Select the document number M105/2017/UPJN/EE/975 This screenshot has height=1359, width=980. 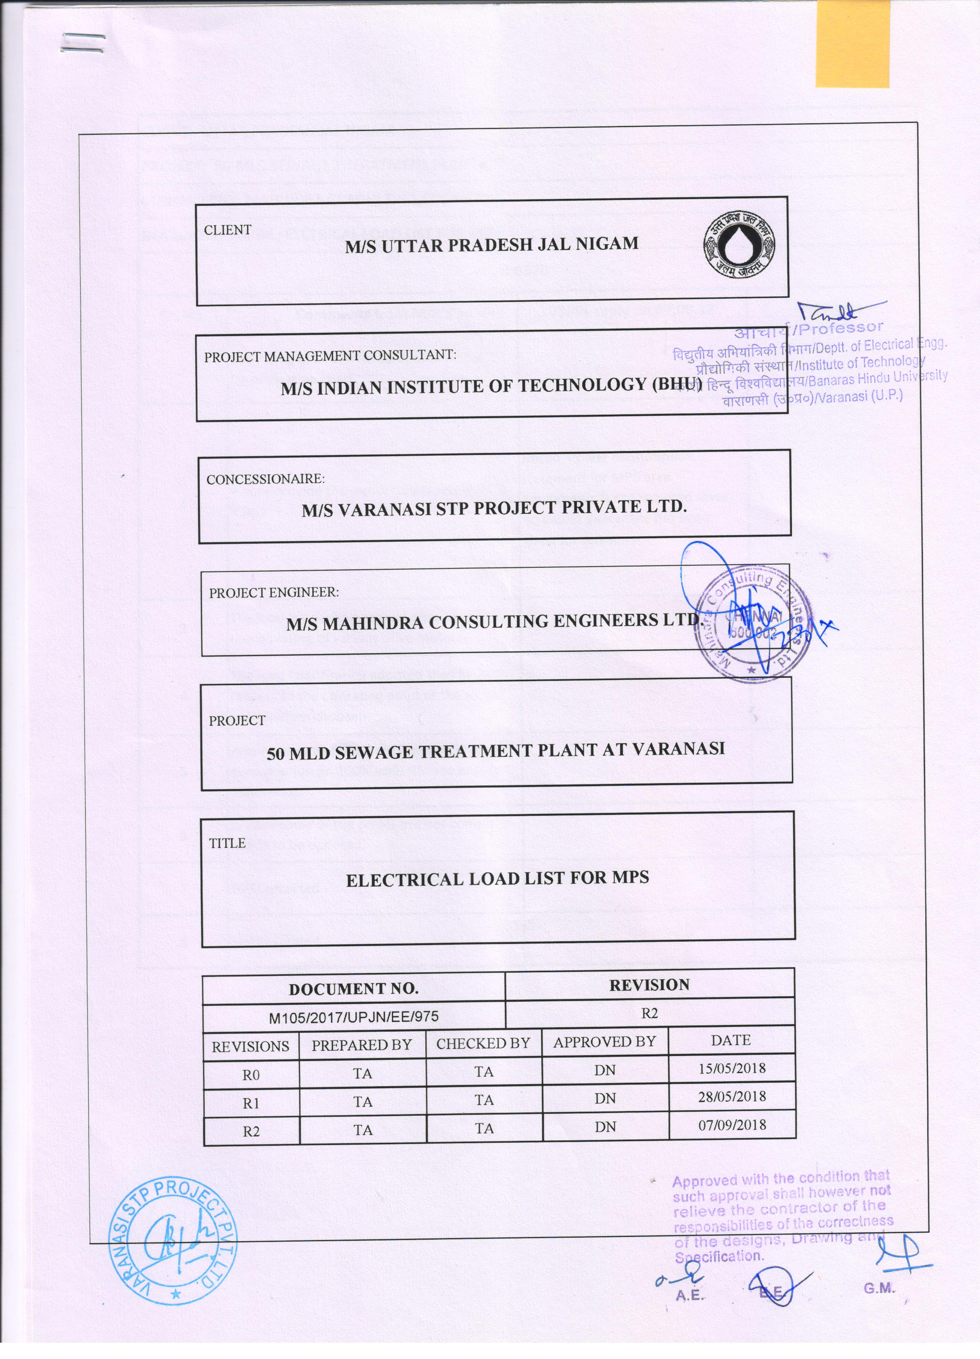click(x=354, y=1016)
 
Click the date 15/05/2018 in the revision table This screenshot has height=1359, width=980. click(x=732, y=1068)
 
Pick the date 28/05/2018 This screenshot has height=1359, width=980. click(x=732, y=1097)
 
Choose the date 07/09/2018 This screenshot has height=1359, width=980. click(x=732, y=1125)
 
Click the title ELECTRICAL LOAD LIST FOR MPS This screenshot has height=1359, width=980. click(x=497, y=879)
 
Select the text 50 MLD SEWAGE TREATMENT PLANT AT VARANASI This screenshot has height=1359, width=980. click(x=496, y=750)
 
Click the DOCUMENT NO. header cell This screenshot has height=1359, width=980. click(x=353, y=989)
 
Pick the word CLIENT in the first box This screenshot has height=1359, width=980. click(x=228, y=230)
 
